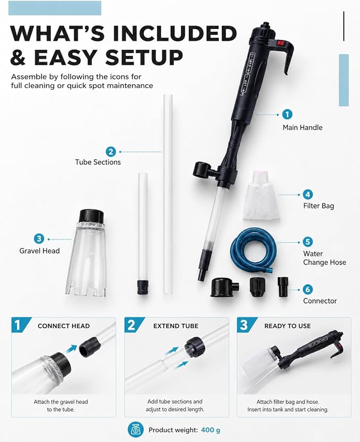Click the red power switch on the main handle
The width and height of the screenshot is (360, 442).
pos(280,43)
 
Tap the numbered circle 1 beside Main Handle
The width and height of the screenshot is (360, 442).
pos(287,114)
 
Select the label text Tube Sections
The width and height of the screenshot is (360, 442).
pos(98,162)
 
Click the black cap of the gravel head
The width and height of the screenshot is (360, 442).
pos(91,216)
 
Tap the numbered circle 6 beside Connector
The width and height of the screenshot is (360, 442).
pos(308,289)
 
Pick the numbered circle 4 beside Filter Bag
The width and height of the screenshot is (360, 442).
pos(308,194)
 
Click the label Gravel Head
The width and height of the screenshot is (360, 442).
pos(39,251)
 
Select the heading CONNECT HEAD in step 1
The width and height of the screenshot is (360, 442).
pos(64,326)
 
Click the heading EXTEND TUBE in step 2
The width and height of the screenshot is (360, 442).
pos(176,326)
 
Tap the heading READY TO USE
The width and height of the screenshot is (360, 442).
pos(287,326)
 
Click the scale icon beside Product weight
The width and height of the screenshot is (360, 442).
pos(136,430)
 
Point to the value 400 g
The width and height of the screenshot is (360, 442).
pos(210,430)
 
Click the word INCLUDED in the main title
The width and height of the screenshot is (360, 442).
pos(175,33)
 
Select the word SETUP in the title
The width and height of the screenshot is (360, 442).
pos(144,57)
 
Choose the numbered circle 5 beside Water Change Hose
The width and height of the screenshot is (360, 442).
pos(308,242)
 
